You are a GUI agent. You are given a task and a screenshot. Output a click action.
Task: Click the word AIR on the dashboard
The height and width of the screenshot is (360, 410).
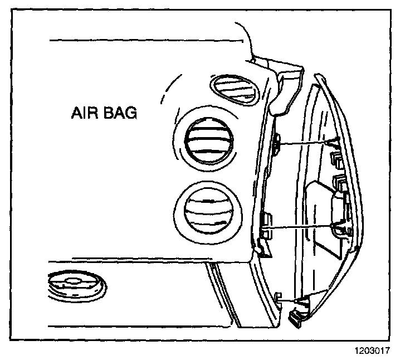(x=84, y=114)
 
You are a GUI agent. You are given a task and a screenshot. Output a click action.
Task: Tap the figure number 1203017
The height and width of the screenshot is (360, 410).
(x=370, y=352)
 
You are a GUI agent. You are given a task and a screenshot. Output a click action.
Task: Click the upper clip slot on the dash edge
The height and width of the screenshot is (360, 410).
(x=276, y=145)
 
